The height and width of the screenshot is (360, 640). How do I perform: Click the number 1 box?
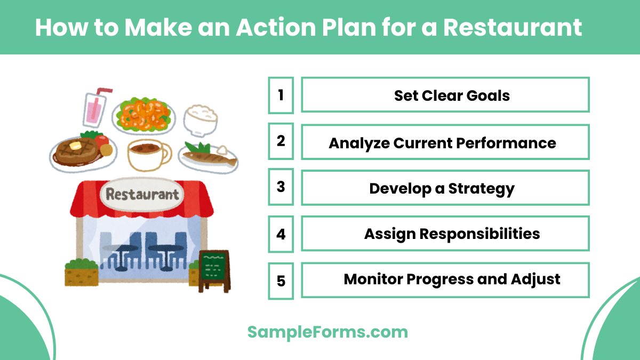(281, 95)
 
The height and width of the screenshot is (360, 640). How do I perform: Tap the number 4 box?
(281, 234)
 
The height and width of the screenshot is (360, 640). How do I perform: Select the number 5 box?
(281, 280)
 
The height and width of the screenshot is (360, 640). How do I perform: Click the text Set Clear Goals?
(452, 95)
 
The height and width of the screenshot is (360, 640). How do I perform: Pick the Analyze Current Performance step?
(442, 142)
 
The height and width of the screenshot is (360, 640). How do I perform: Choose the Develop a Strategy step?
(442, 188)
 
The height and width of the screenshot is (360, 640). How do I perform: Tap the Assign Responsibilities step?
(452, 234)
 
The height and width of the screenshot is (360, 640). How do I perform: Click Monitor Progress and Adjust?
(452, 279)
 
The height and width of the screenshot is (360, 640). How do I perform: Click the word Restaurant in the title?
(513, 27)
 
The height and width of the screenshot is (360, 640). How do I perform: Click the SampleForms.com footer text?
(327, 332)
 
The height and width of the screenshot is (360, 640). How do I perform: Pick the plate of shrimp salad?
(143, 115)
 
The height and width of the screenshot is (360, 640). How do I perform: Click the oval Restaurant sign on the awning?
(142, 194)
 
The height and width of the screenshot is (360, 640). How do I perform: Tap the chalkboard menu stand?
(214, 269)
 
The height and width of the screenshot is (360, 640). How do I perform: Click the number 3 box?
(281, 188)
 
